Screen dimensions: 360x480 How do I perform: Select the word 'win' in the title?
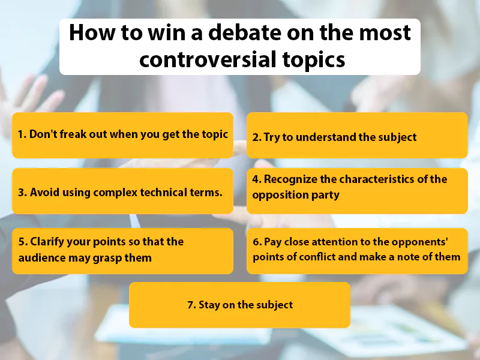(x=148, y=32)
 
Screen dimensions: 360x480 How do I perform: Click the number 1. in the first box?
(x=22, y=134)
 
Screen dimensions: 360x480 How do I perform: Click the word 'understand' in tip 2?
(x=325, y=137)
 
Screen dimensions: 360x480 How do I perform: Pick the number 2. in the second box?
(x=257, y=137)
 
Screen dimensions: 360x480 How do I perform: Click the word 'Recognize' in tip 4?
(x=292, y=179)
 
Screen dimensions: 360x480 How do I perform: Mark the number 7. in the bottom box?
(x=191, y=305)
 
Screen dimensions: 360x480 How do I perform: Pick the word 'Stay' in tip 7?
(x=210, y=305)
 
